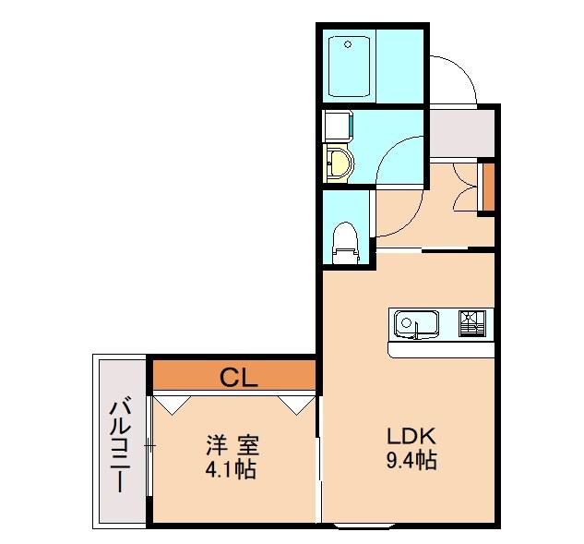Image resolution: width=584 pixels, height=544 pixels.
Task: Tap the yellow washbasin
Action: pos(340,164)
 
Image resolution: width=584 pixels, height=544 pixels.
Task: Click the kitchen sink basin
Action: pos(416,324)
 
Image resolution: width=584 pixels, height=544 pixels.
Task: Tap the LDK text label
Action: pos(411,437)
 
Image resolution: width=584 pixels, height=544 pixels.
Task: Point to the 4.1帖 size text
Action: pos(232,469)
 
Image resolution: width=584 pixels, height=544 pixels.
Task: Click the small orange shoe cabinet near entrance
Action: pos(489,187)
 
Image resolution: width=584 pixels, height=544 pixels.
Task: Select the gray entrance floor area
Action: pos(460,134)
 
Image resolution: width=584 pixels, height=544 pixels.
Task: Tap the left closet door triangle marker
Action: pos(173,403)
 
